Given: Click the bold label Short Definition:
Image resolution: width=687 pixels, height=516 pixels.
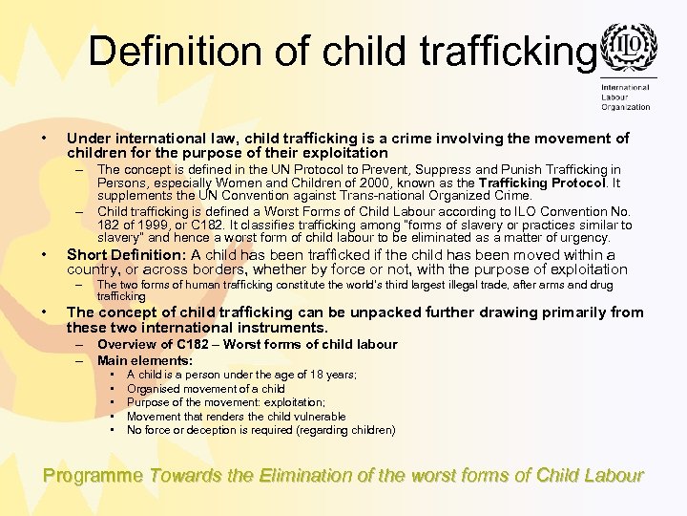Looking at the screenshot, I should pos(126,255).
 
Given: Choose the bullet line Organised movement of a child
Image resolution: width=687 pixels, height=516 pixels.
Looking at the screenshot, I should pos(205,389).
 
